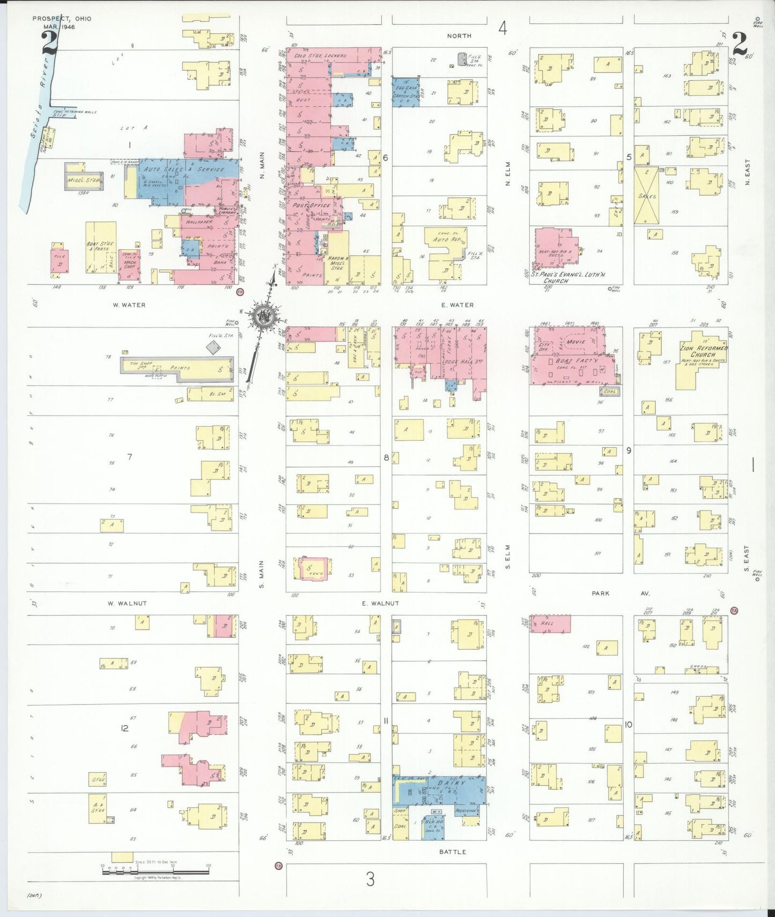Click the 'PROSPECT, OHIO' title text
coord(62,19)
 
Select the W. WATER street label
coord(129,305)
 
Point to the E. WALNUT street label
coord(380,603)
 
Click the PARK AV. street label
coord(620,594)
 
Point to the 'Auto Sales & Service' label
coord(184,169)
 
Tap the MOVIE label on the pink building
coord(576,342)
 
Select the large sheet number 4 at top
coord(503,28)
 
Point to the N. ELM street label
coord(508,174)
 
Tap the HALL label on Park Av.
coord(547,623)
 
